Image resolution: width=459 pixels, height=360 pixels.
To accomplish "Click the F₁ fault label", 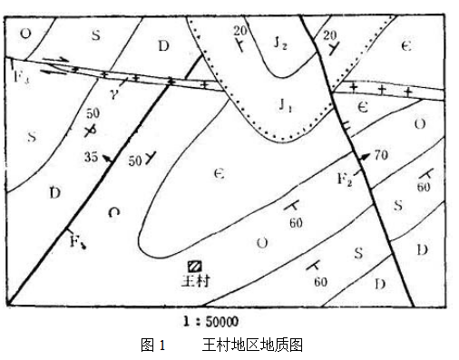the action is click(76, 242).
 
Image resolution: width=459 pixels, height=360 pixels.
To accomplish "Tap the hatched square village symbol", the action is click(195, 266).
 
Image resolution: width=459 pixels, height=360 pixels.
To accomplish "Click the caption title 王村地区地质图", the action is click(251, 345).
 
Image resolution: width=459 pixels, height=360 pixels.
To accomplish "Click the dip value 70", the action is click(380, 155).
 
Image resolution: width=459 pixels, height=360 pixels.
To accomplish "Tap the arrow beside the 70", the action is click(363, 157).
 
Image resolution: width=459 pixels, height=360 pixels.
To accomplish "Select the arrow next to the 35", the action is click(109, 159).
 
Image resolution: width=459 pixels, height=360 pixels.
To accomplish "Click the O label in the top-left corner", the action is click(24, 34).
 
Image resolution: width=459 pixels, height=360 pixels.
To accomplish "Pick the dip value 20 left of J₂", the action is click(239, 31).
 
